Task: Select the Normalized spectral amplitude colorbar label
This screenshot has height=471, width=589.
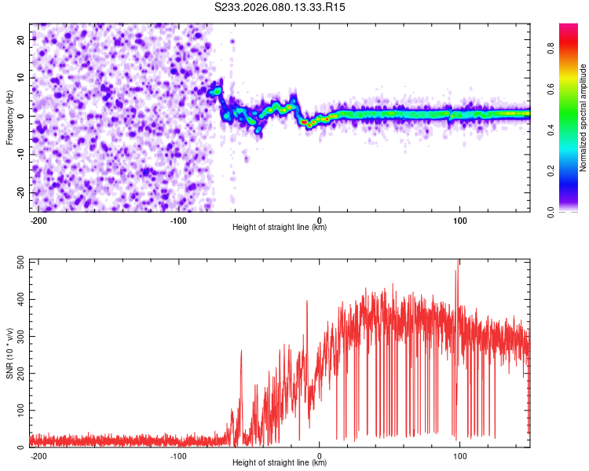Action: [x=583, y=118]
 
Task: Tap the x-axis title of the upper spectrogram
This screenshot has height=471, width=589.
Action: [x=280, y=227]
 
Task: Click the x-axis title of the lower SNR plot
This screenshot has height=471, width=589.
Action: [x=280, y=462]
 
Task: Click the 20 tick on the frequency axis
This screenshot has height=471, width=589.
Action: [x=20, y=38]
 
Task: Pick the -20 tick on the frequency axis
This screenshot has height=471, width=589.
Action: [x=19, y=192]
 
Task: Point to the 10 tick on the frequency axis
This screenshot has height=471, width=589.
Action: [x=20, y=77]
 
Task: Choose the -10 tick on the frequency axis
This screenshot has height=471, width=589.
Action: [x=19, y=154]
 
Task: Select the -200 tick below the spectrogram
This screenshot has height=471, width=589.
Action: [x=38, y=220]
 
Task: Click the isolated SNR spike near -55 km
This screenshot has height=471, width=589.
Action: [x=241, y=352]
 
